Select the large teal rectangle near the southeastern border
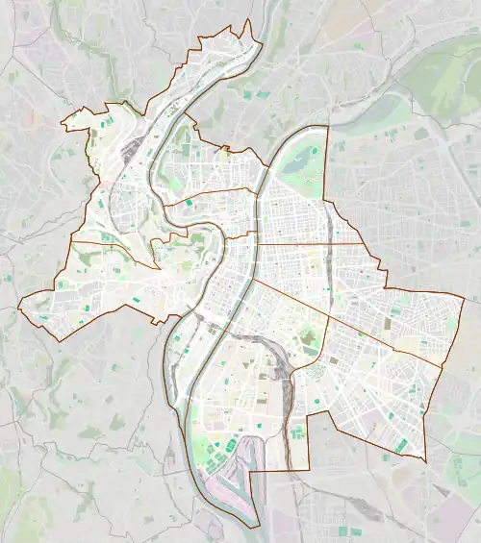[400, 445]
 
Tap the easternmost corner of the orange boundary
[465, 299]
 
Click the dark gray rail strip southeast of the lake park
[328, 221]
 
